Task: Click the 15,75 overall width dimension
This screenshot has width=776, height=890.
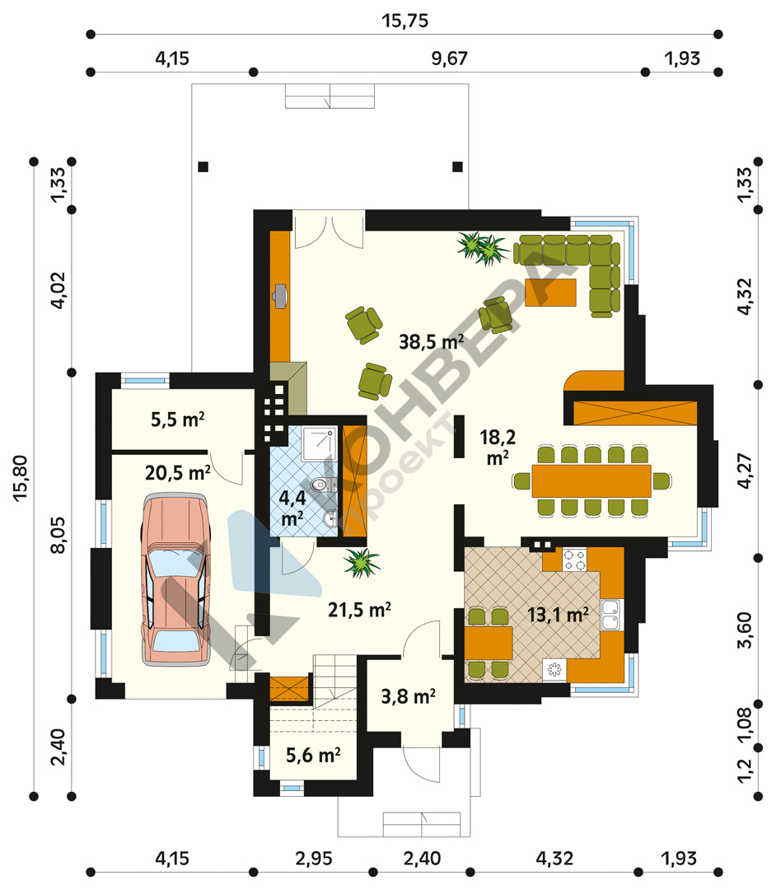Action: coord(404,21)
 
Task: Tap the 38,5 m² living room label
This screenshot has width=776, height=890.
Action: coord(431,341)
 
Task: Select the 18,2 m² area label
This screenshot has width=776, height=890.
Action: coord(498,447)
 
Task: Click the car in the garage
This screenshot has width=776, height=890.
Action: coord(175,578)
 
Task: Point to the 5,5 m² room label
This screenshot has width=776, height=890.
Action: coord(178,419)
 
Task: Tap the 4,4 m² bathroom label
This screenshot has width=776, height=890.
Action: coord(292,507)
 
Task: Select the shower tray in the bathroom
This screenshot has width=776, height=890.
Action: coord(320,444)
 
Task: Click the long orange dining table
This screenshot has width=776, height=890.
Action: coord(591,480)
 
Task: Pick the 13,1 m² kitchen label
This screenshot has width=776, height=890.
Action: coord(558,615)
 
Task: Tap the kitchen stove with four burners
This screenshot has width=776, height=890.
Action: coord(574,560)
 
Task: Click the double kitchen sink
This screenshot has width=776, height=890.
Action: coord(611,616)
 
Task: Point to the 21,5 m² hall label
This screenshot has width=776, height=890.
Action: coord(359,610)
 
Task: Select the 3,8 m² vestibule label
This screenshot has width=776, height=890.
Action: coord(408,696)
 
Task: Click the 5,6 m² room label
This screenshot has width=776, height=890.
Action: coord(313,755)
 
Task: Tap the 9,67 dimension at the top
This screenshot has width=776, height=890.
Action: coord(449,59)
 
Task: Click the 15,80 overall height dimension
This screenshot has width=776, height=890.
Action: coord(21,478)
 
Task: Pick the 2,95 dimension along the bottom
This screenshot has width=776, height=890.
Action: coord(313,858)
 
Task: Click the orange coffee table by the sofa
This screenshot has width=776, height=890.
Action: coord(550,293)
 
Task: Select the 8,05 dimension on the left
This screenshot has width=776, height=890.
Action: coord(58,535)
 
